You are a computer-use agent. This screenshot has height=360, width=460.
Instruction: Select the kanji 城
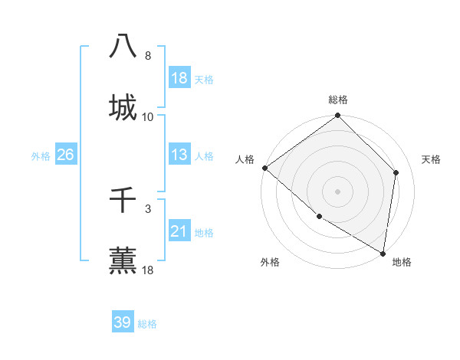123,106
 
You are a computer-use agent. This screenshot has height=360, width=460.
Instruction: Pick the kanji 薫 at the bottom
123,260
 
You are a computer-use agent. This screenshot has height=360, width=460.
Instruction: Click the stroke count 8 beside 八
148,56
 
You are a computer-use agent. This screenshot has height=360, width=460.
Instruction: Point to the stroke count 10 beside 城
148,117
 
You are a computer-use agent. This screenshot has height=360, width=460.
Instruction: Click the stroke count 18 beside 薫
148,270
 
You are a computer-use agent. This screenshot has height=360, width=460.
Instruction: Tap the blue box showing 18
179,78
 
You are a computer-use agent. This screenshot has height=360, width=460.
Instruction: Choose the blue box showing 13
179,155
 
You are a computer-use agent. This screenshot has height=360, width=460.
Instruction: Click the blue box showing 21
179,231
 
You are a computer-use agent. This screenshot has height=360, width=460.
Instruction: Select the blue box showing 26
66,155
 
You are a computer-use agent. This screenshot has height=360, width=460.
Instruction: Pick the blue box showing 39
123,322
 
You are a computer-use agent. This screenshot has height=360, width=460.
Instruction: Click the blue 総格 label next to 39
147,324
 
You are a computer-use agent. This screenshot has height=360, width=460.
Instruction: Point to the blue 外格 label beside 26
41,156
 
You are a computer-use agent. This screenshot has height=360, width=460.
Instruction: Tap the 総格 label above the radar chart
338,100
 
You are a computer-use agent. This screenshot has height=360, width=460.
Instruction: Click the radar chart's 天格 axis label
431,159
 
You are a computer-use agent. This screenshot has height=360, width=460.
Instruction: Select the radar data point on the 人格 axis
264,168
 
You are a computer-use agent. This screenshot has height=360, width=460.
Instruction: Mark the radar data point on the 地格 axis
383,253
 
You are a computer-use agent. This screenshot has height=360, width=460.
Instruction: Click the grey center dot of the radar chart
338,191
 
